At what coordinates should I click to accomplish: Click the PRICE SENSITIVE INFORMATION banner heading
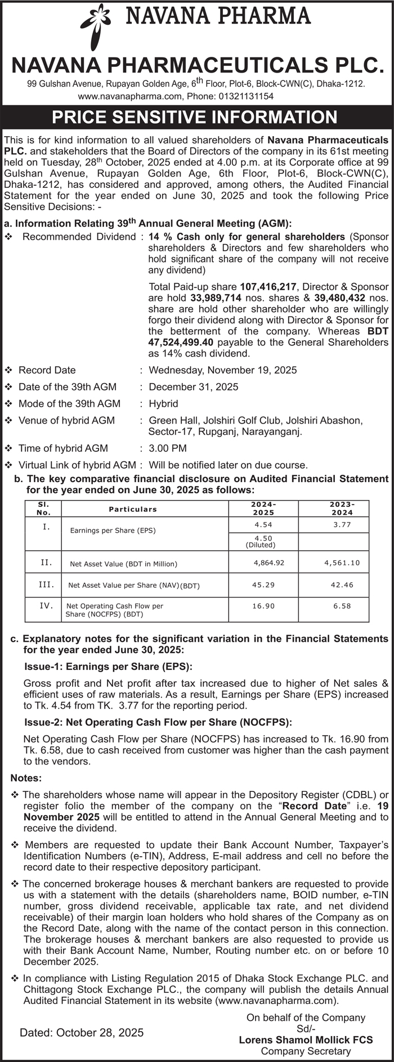click(x=195, y=117)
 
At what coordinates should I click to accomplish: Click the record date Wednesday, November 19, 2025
click(x=222, y=370)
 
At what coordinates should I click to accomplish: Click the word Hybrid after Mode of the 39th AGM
click(x=163, y=404)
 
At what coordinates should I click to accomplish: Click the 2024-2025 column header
click(x=263, y=508)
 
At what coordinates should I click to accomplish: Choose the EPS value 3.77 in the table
click(x=342, y=525)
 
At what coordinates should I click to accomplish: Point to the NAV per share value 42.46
click(x=342, y=585)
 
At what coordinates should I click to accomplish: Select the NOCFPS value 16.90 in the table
click(x=263, y=606)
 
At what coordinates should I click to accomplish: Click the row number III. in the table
click(x=46, y=584)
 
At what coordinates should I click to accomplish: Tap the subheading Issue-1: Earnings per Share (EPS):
click(x=109, y=667)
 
